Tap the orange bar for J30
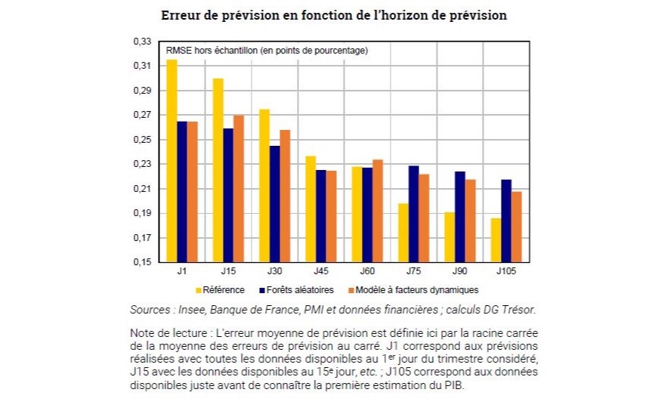(x=285, y=196)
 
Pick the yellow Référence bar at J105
(x=495, y=240)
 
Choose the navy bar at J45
(x=320, y=216)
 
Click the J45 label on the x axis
(x=320, y=270)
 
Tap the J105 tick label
(x=505, y=270)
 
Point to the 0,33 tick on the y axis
(x=142, y=42)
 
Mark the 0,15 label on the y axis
(x=142, y=262)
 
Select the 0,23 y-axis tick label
(x=142, y=164)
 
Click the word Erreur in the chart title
(x=182, y=15)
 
